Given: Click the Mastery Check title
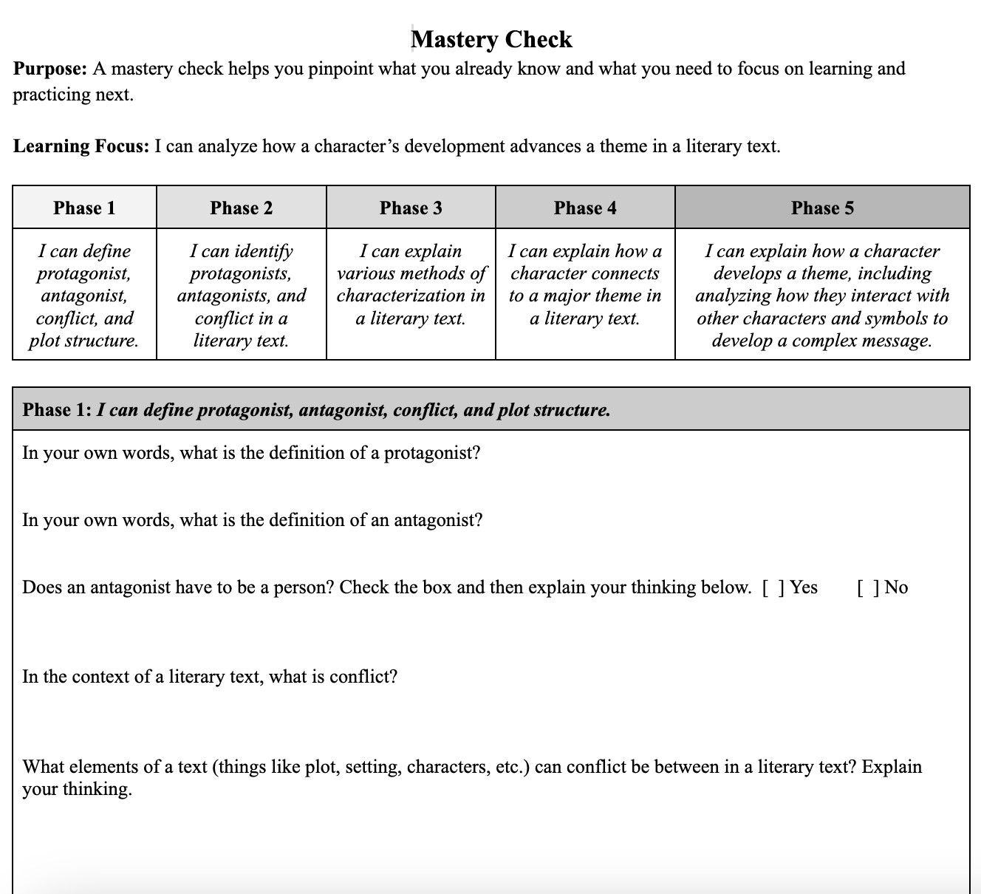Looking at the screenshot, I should [x=491, y=39].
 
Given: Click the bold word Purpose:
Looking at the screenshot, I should [x=50, y=69].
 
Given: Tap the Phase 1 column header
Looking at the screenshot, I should [x=84, y=208].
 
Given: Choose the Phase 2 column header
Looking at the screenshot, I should [x=241, y=208].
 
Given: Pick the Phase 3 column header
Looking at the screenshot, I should [x=411, y=208].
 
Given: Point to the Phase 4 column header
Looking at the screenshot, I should [x=585, y=208].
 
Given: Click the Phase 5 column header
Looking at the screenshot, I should [x=822, y=208].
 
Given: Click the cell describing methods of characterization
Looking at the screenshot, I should [x=411, y=284].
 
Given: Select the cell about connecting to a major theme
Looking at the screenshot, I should [x=585, y=284].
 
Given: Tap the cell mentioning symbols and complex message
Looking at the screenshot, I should [x=822, y=296].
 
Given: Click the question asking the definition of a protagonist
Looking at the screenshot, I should [x=251, y=453].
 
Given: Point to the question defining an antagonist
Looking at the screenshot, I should [x=252, y=520].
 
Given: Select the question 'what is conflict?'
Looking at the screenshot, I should [x=210, y=677].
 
